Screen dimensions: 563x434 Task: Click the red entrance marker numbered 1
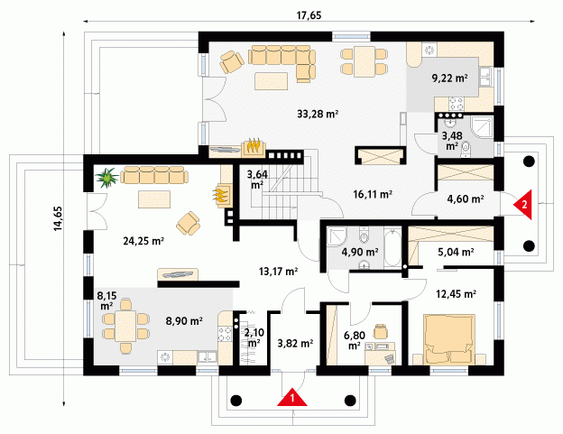point(292,397)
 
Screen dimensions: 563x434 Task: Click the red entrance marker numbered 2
point(522,205)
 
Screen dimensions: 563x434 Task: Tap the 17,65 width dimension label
point(309,15)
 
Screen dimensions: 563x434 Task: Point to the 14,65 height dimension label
point(58,218)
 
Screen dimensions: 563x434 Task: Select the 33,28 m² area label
point(318,114)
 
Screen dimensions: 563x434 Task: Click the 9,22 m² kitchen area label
point(449,78)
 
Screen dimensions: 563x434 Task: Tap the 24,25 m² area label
point(143,241)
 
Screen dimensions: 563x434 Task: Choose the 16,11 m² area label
point(373,194)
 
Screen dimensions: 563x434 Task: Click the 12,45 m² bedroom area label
point(456,294)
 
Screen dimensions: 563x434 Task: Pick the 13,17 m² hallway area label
point(278,272)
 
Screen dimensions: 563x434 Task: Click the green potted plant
point(107,178)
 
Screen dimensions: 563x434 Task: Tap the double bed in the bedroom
point(449,339)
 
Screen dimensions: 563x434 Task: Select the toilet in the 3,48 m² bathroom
point(466,148)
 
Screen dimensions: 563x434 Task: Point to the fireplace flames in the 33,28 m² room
point(254,145)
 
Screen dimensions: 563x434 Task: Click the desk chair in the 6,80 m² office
point(381,331)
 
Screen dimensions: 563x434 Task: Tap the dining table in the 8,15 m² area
point(125,326)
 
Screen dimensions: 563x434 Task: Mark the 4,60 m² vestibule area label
point(466,199)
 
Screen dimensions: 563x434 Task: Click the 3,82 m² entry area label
point(295,344)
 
